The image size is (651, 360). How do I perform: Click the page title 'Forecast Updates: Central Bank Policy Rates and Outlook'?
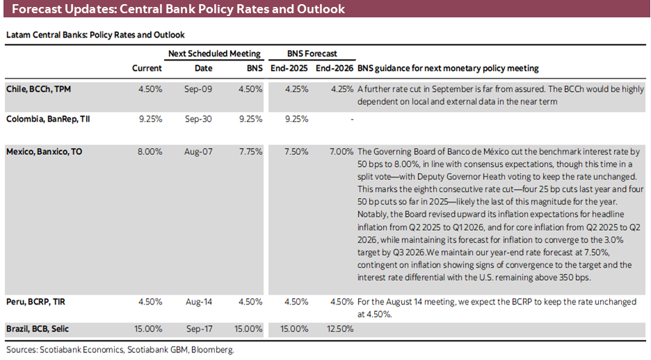pos(178,10)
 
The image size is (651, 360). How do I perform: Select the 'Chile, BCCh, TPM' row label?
pos(38,89)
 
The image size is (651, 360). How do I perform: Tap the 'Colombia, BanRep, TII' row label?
pos(47,119)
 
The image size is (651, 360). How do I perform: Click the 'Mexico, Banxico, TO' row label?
pos(43,151)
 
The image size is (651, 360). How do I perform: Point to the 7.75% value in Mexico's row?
pos(250,151)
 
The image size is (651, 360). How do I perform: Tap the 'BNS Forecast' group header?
pos(312,54)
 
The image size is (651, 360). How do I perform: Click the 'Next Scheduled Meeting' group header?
pos(214,54)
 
